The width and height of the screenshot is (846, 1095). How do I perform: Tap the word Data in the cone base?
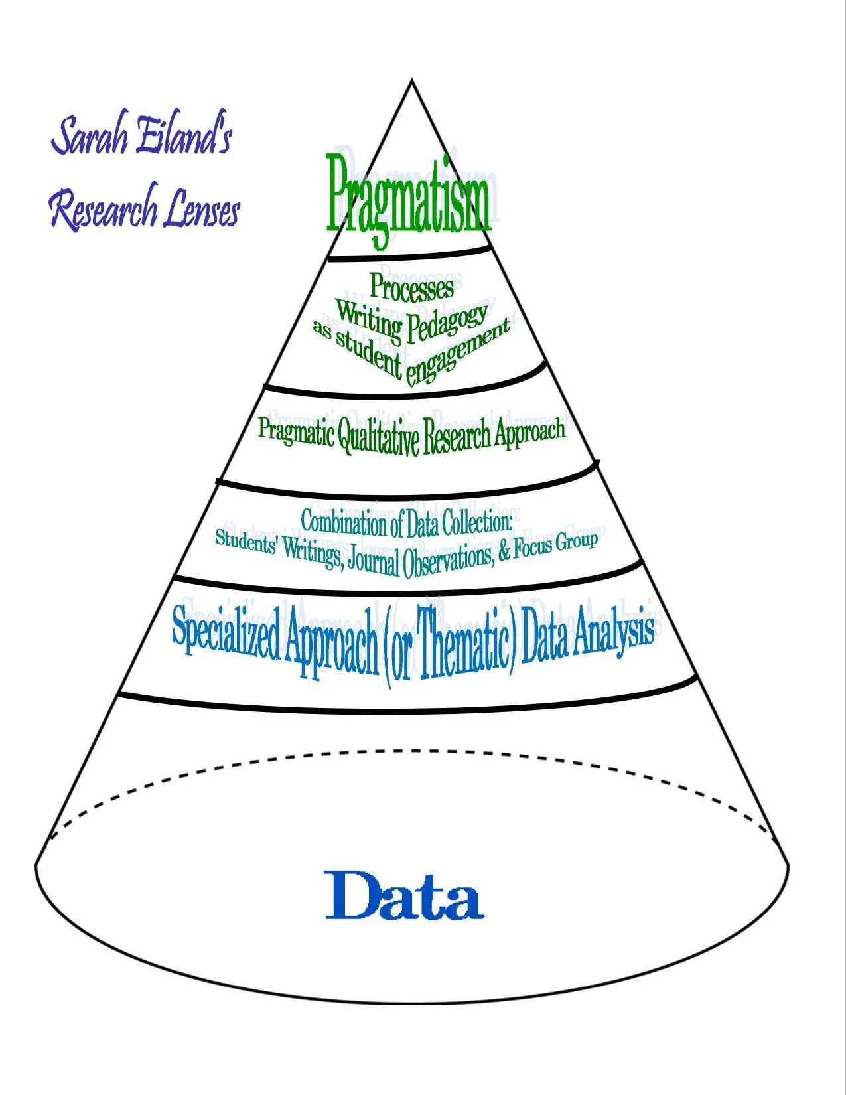point(405,896)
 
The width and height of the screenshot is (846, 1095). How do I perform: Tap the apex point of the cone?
point(411,80)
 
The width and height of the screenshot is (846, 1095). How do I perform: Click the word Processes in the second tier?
point(411,287)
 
